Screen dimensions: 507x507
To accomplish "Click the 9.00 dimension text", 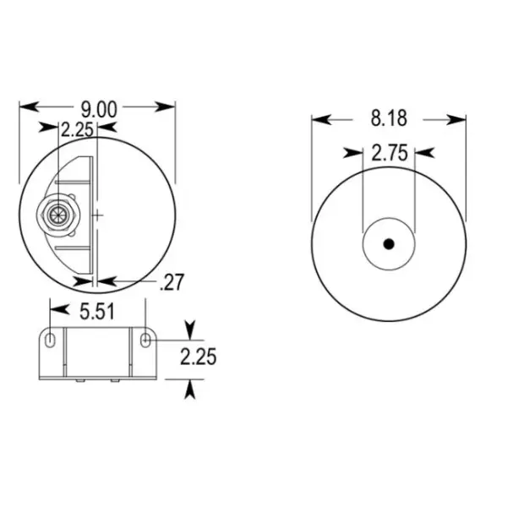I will click(98, 107).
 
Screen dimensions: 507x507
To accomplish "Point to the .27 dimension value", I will click(172, 282).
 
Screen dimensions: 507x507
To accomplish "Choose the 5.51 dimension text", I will click(98, 312).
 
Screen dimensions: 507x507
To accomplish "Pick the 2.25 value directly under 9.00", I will click(75, 130).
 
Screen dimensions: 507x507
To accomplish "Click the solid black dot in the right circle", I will click(389, 244).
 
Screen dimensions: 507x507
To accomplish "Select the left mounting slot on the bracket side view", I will click(51, 340).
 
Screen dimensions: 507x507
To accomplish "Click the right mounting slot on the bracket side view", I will click(147, 340).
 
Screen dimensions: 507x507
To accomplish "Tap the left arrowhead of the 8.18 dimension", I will click(320, 119).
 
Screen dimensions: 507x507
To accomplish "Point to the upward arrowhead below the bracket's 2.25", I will click(190, 388).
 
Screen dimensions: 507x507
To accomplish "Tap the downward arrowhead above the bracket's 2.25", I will click(190, 328).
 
